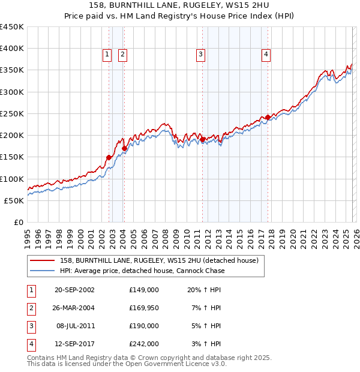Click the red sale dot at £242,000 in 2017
(268, 118)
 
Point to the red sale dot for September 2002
(109, 158)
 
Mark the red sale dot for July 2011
(202, 140)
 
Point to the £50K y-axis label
(14, 200)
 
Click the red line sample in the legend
(42, 260)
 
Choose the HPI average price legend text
(142, 271)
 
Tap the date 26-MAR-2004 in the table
(74, 307)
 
